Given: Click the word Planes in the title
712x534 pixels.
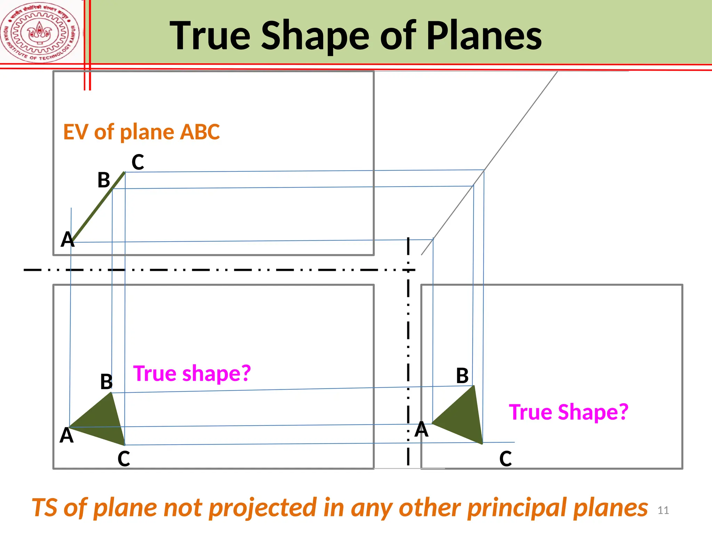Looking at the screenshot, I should click(484, 35).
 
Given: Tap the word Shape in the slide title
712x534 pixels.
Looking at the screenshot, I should click(315, 35).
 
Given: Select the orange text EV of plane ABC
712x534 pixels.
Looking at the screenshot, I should click(141, 132).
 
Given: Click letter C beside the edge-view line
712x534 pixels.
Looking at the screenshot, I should click(138, 162).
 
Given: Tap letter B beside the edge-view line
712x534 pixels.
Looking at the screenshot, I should click(104, 180).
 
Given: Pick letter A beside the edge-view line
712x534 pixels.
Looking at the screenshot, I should click(67, 240).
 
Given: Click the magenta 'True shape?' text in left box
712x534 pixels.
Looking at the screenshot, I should click(192, 374).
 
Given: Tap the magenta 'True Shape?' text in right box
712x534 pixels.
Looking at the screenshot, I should click(568, 412).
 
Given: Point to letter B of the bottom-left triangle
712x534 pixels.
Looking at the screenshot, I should click(106, 382).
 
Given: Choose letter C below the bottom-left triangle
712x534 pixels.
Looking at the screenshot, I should click(124, 459).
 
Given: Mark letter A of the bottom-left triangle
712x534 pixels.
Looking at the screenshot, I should click(66, 435).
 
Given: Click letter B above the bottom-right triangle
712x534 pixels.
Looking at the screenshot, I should click(462, 376).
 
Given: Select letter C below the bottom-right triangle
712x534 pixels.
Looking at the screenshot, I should click(505, 459).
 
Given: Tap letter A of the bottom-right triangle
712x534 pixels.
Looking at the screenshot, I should click(422, 429).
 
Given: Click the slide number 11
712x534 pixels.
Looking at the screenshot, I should click(663, 510).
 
